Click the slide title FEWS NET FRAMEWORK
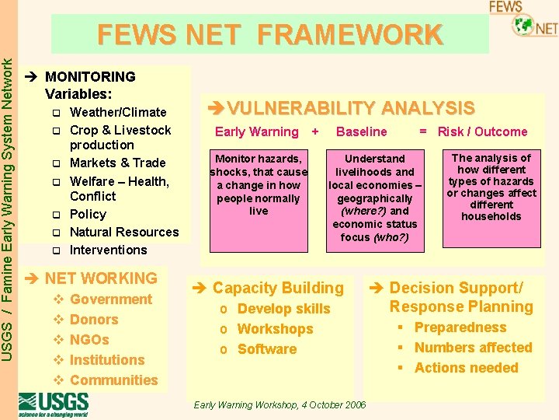[x=269, y=35]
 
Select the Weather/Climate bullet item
[x=117, y=112]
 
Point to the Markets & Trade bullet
[x=117, y=163]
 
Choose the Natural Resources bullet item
[x=123, y=232]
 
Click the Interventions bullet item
[x=108, y=250]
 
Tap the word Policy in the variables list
[x=88, y=214]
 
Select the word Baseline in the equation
[x=361, y=131]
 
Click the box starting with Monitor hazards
[x=259, y=184]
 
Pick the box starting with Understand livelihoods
[x=375, y=198]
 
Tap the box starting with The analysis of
[x=491, y=187]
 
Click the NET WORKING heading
[x=100, y=278]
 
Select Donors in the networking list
[x=93, y=320]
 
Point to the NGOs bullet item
[x=89, y=340]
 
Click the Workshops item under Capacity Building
[x=275, y=329]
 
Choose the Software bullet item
[x=266, y=349]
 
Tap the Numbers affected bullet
[x=473, y=348]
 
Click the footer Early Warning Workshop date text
[x=279, y=405]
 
